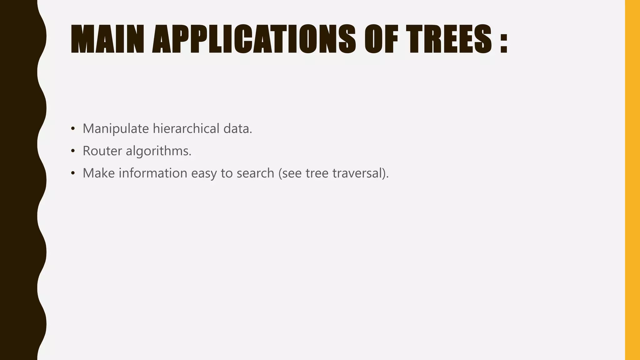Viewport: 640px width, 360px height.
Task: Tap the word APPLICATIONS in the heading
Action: coord(254,39)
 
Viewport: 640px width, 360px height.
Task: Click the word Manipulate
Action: coord(116,129)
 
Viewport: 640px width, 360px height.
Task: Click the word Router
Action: coord(102,151)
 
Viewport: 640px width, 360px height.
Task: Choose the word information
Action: coord(153,173)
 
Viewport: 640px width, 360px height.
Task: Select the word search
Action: coord(255,173)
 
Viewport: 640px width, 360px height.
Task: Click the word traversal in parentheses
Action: coord(359,173)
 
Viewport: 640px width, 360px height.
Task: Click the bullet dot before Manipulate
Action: coord(73,129)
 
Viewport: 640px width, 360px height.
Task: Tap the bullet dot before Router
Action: coord(73,151)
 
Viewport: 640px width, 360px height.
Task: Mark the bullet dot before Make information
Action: coord(73,173)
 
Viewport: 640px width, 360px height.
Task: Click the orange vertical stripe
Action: coord(632,180)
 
